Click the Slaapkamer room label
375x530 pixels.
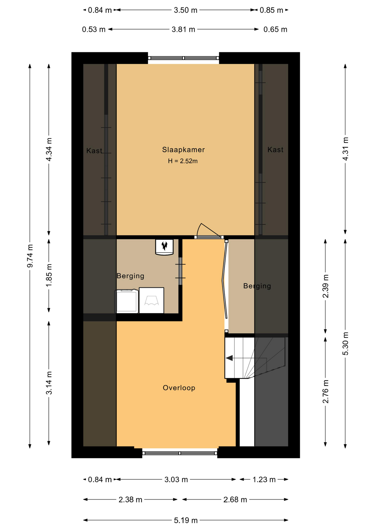coord(183,150)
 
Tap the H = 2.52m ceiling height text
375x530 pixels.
coord(183,161)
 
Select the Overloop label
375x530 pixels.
coord(179,388)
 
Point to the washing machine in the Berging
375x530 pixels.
coord(127,301)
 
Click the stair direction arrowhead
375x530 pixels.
coord(229,358)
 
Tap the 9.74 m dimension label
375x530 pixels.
coord(30,256)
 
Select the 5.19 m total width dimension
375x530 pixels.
coord(186,520)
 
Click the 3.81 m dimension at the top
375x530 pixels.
coord(183,29)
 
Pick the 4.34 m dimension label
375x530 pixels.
coord(49,149)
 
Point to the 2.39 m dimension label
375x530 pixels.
coord(326,286)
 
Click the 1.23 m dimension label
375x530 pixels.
coord(264,479)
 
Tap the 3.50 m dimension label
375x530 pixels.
coord(186,10)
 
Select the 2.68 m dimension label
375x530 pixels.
coord(235,500)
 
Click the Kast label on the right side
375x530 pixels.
coord(275,150)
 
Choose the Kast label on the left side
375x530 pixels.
coord(94,151)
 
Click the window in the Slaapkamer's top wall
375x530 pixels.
coord(183,58)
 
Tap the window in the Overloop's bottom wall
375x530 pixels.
coord(179,453)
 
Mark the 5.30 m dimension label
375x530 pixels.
coord(345,344)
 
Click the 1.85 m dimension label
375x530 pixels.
coord(49,275)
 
